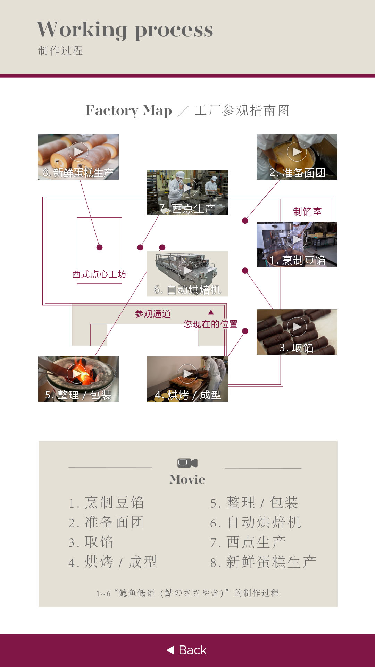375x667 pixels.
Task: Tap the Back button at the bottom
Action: click(x=187, y=650)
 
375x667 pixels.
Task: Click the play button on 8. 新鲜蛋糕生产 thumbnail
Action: click(x=78, y=152)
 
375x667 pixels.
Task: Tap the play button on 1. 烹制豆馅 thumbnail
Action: click(x=297, y=239)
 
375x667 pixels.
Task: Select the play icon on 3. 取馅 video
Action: click(x=297, y=327)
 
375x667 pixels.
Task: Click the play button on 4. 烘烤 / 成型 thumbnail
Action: click(x=187, y=373)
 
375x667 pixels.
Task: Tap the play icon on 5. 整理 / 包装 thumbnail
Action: click(x=77, y=373)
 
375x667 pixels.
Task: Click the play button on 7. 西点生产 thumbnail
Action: click(x=187, y=188)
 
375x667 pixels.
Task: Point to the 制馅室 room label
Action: click(x=307, y=212)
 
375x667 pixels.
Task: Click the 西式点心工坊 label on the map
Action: click(x=99, y=274)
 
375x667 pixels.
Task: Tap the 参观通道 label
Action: click(x=153, y=314)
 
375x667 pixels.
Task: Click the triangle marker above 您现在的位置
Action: click(x=211, y=312)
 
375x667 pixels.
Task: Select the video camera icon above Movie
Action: click(x=187, y=463)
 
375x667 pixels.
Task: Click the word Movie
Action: click(x=187, y=479)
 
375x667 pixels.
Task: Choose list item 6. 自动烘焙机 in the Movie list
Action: click(x=256, y=522)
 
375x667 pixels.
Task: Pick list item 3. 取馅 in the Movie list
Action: click(x=91, y=542)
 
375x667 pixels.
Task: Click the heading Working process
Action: click(x=125, y=30)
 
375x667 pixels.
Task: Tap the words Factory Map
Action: click(x=129, y=110)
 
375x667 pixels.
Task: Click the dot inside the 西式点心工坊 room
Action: click(x=100, y=247)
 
